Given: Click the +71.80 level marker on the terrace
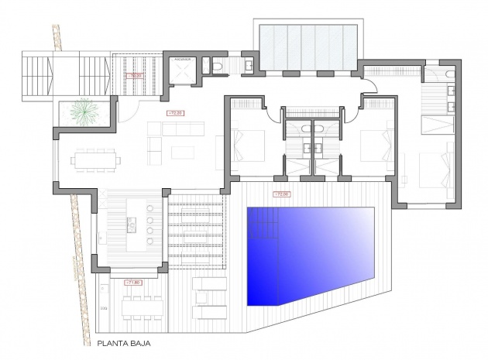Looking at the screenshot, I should (130, 283).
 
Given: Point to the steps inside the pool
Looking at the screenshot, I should (261, 228).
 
